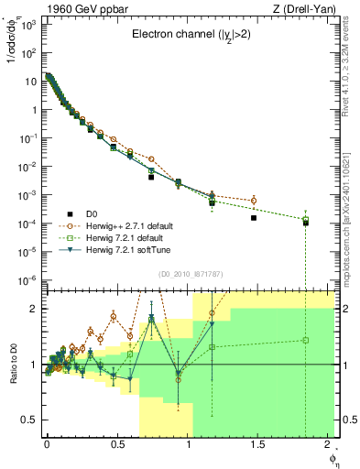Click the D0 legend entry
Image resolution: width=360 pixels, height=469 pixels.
pos(91,214)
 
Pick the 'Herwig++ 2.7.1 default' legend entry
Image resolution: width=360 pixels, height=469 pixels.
pos(128,225)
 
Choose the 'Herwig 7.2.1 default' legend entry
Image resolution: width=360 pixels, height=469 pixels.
pos(125,237)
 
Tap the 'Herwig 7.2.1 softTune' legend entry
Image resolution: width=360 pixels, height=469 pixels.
pos(127,249)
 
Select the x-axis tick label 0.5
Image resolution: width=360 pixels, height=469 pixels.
pos(117,444)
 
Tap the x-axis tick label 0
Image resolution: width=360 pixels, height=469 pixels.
pos(47,444)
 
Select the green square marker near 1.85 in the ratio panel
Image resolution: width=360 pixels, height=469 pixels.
pos(306,340)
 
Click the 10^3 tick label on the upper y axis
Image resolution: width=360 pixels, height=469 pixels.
pos(27,25)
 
